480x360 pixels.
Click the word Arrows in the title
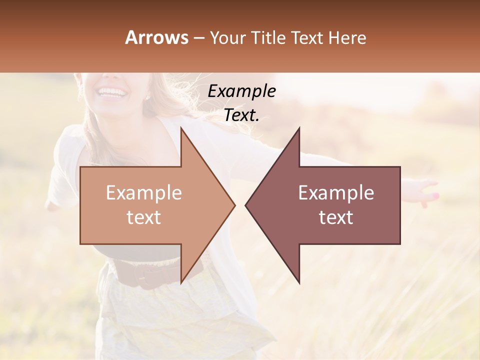click(x=157, y=37)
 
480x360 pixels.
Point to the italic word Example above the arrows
click(x=242, y=91)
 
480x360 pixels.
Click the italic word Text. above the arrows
click(x=242, y=115)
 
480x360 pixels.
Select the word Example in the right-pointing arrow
click(x=144, y=193)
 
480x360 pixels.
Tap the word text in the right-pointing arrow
click(x=144, y=217)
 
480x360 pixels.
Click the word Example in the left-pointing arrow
click(x=336, y=193)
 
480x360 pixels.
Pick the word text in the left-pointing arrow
click(x=336, y=217)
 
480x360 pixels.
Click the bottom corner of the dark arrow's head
click(x=299, y=282)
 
